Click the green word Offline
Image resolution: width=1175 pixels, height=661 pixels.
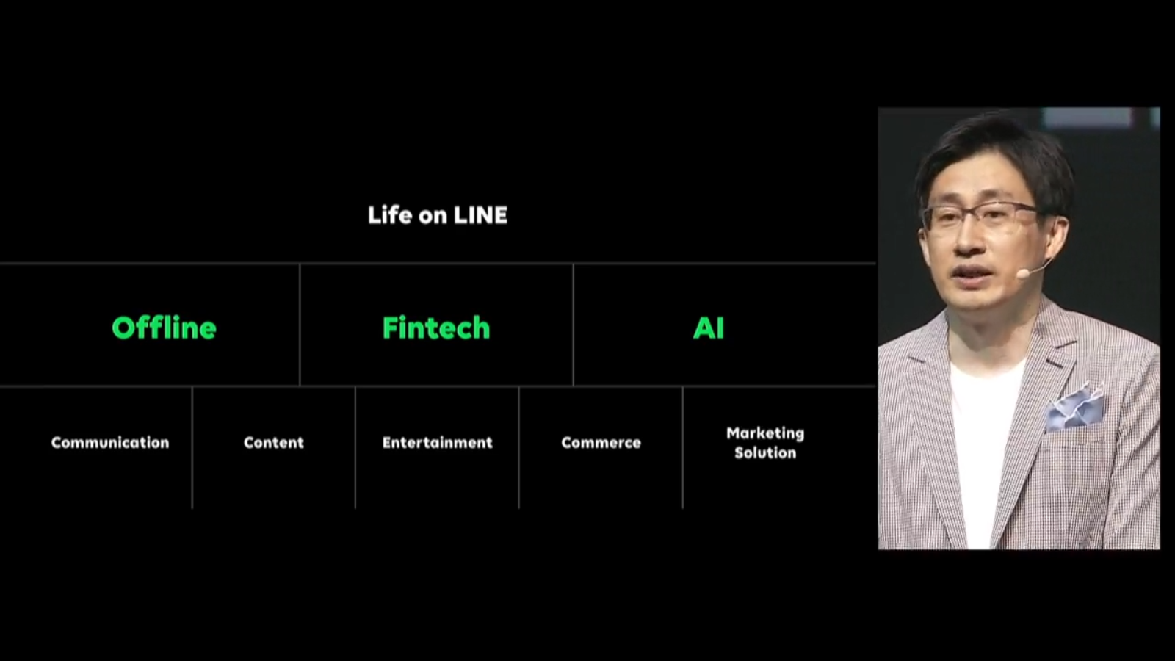[x=164, y=328]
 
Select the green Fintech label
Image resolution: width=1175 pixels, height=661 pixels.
[x=436, y=328]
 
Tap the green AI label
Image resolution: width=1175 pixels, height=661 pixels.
[x=709, y=328]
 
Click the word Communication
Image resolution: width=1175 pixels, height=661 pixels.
[x=110, y=443]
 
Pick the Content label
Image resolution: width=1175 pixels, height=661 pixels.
[x=274, y=443]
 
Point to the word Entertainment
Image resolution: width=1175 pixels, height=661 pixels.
[x=438, y=443]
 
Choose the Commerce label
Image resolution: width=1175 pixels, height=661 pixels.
[x=601, y=443]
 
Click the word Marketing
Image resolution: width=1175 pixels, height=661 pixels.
[x=765, y=434]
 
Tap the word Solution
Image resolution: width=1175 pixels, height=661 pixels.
[x=765, y=452]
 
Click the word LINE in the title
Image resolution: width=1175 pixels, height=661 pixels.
[x=480, y=215]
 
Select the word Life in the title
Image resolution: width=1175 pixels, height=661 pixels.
[x=390, y=215]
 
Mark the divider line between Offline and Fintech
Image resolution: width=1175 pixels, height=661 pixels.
[x=300, y=325]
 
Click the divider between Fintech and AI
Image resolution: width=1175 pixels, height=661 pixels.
[x=574, y=325]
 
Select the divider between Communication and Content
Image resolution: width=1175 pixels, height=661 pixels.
[x=192, y=447]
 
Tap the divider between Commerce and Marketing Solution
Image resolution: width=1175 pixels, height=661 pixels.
[x=683, y=447]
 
